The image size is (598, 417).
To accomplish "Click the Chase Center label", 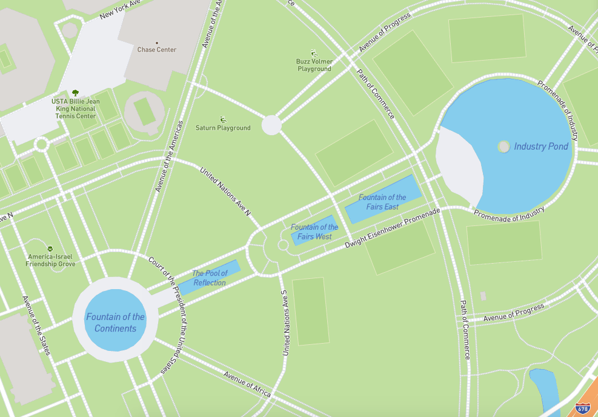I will pos(157,50).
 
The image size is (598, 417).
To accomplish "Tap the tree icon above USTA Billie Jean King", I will pos(76,93).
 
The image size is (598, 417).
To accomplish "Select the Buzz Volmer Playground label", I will pos(314,65).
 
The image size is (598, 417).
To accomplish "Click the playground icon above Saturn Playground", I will pos(223,119).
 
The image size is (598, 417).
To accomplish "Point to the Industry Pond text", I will pos(541,147).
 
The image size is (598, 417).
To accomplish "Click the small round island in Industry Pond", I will pos(503,146).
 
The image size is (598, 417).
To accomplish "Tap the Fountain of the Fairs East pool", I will pos(382,198).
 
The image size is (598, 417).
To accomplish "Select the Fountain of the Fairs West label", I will pos(314,232).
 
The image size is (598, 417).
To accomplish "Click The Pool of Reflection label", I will pos(210,278).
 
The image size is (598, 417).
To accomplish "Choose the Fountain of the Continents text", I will pos(115,322).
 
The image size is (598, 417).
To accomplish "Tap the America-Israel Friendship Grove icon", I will pos(50,249).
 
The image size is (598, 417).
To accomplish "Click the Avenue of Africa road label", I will pos(247,384).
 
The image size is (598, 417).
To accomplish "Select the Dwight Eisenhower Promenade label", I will pos(392,229).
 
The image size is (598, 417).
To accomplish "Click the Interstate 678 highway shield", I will pos(582,409).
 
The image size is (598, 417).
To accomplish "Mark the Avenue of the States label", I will pos(36,325).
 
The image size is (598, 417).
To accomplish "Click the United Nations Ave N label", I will pos(225,191).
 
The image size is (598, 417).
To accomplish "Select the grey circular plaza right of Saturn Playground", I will pos(271,125).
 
